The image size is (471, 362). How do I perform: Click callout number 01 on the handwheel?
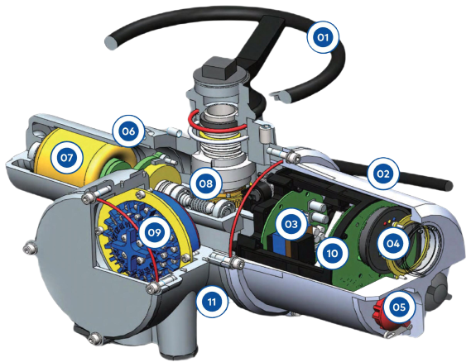click(323, 37)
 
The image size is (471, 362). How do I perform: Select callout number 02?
click(383, 174)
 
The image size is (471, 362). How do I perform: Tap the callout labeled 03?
click(291, 224)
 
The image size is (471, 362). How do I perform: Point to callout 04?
click(393, 243)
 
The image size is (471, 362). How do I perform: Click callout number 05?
click(399, 307)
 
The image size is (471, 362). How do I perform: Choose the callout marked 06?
click(128, 131)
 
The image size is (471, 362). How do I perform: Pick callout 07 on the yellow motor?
click(67, 158)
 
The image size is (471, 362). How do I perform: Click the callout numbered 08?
click(206, 183)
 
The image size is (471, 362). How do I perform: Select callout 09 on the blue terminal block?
click(155, 232)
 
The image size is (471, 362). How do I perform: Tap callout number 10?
click(332, 254)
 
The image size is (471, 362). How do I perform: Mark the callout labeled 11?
click(212, 301)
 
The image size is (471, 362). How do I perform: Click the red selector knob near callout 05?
click(379, 312)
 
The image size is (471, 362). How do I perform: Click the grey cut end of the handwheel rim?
click(111, 42)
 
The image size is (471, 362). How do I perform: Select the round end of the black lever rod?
click(448, 184)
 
